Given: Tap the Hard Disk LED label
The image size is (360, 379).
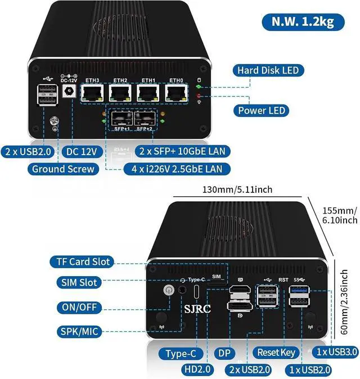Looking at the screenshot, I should (x=267, y=70).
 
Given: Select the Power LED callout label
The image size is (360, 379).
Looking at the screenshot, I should (x=262, y=110).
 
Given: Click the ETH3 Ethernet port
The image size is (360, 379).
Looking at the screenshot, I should (x=92, y=93).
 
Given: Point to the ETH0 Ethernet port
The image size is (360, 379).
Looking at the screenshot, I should (x=177, y=93).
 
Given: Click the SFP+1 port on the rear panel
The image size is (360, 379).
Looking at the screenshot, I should (x=121, y=119).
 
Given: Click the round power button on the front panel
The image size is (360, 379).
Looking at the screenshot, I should (x=168, y=291).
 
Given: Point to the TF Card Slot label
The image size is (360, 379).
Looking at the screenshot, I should (x=83, y=261).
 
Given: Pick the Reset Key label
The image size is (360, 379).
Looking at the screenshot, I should (x=276, y=353).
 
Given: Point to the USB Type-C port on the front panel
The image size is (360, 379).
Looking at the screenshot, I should (x=197, y=292).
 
